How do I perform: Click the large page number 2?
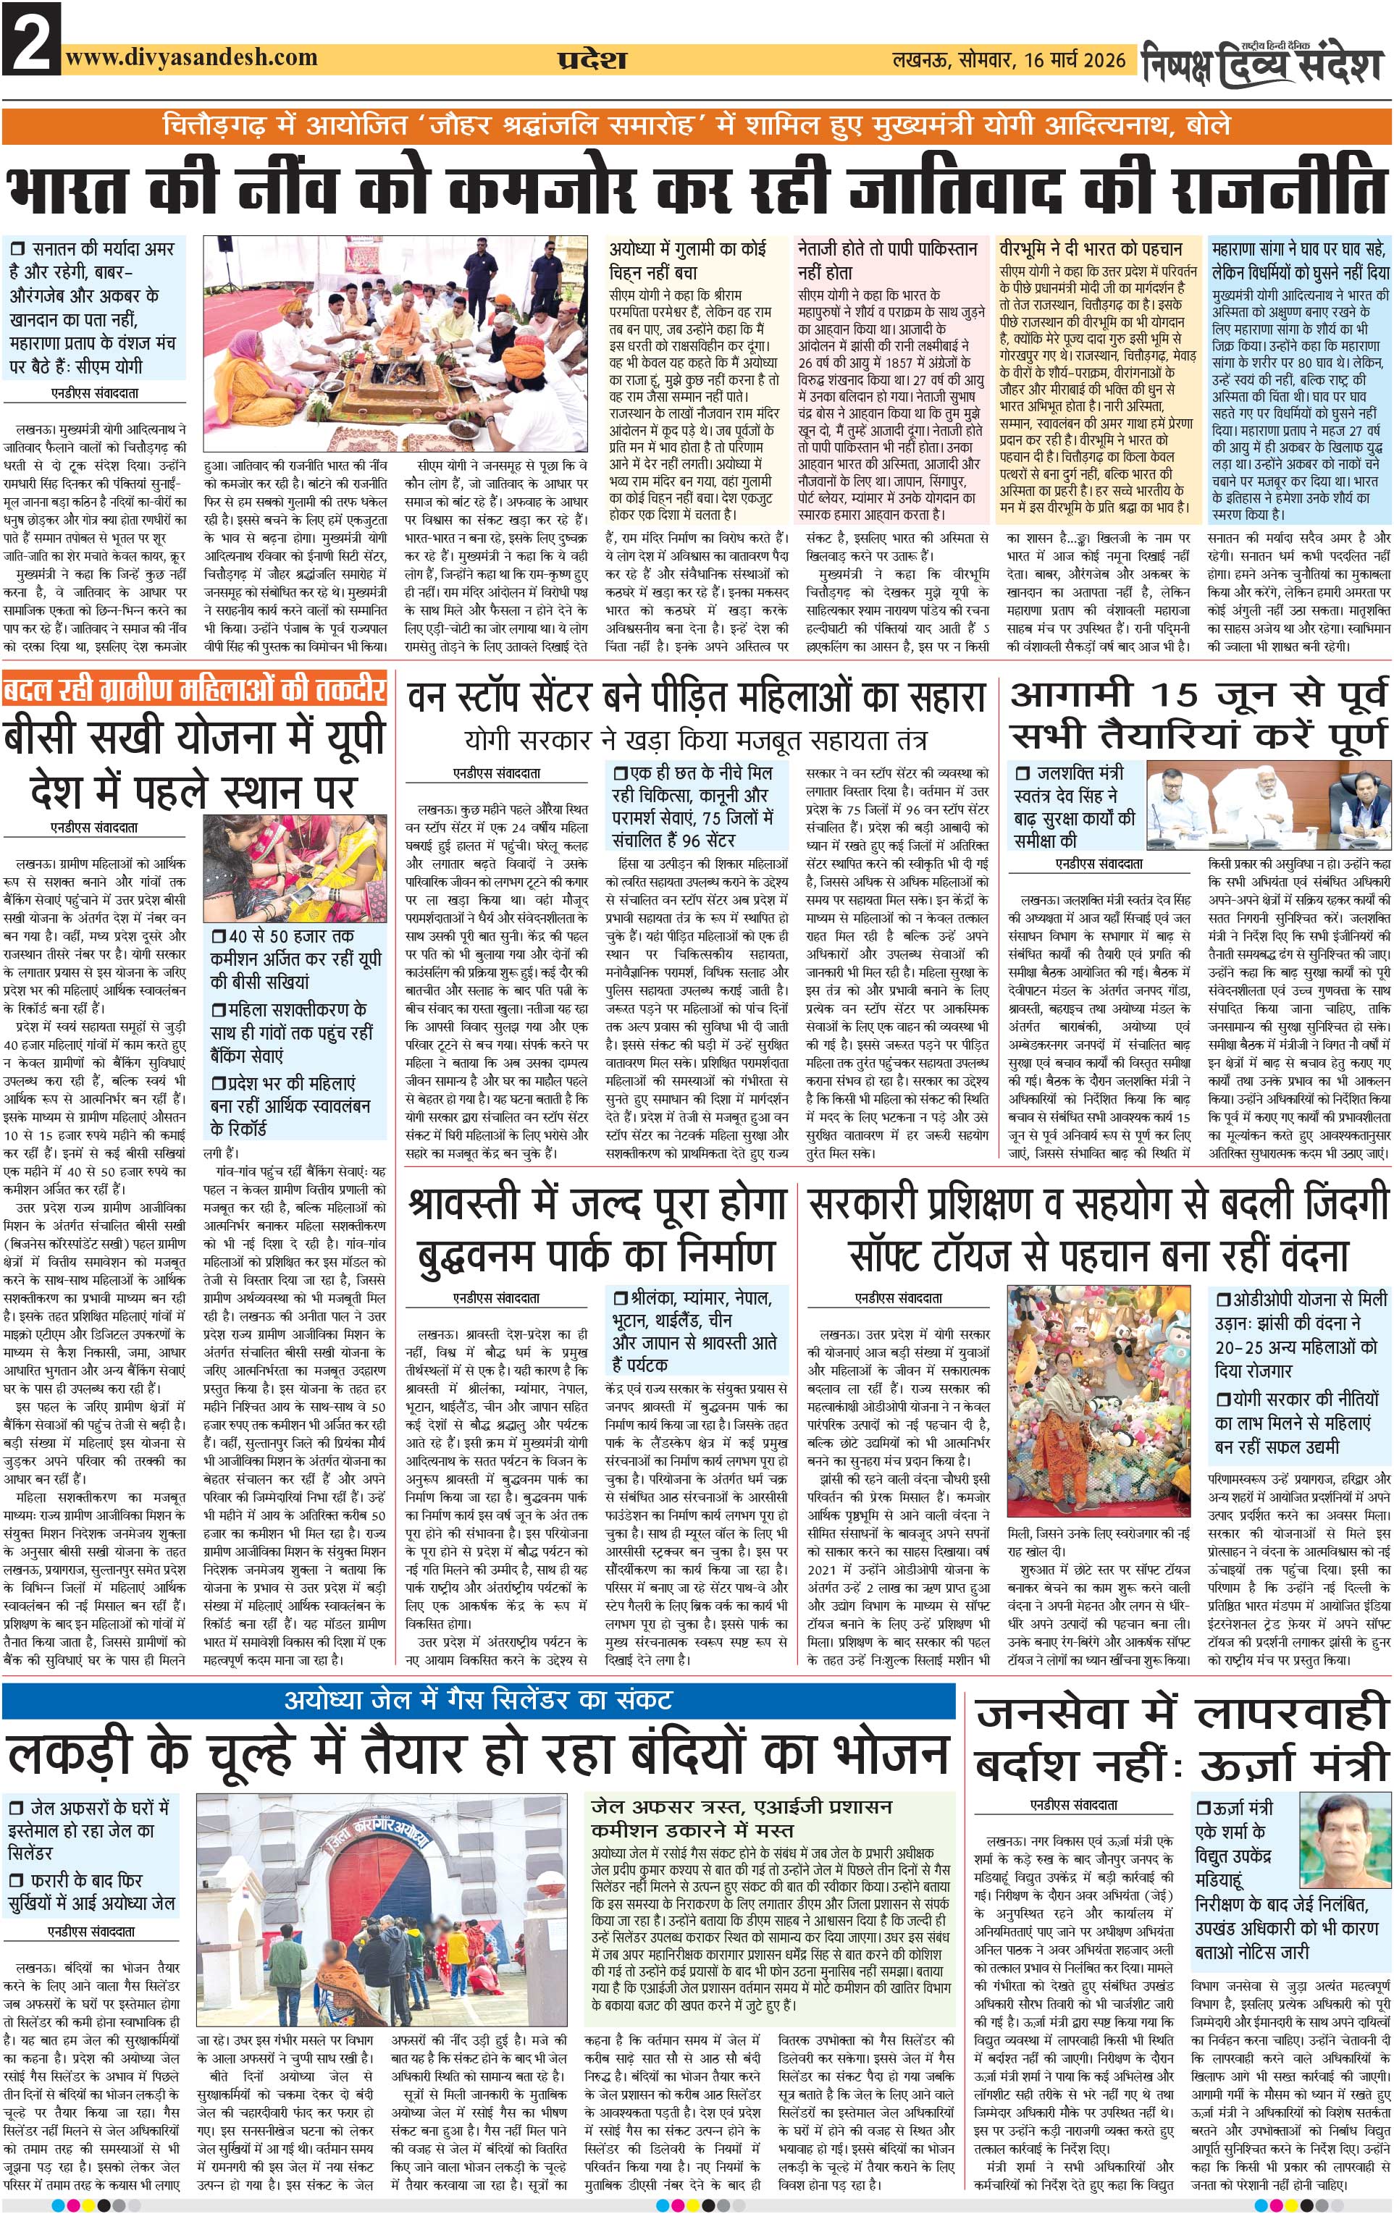(x=30, y=38)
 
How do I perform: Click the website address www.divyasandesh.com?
(x=191, y=57)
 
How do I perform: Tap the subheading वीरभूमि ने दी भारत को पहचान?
(x=1091, y=249)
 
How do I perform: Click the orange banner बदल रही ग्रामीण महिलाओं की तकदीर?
(x=193, y=689)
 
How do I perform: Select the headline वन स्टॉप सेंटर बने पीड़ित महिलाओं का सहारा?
(x=696, y=698)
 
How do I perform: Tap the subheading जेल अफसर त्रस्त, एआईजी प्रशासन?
(x=741, y=1808)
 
